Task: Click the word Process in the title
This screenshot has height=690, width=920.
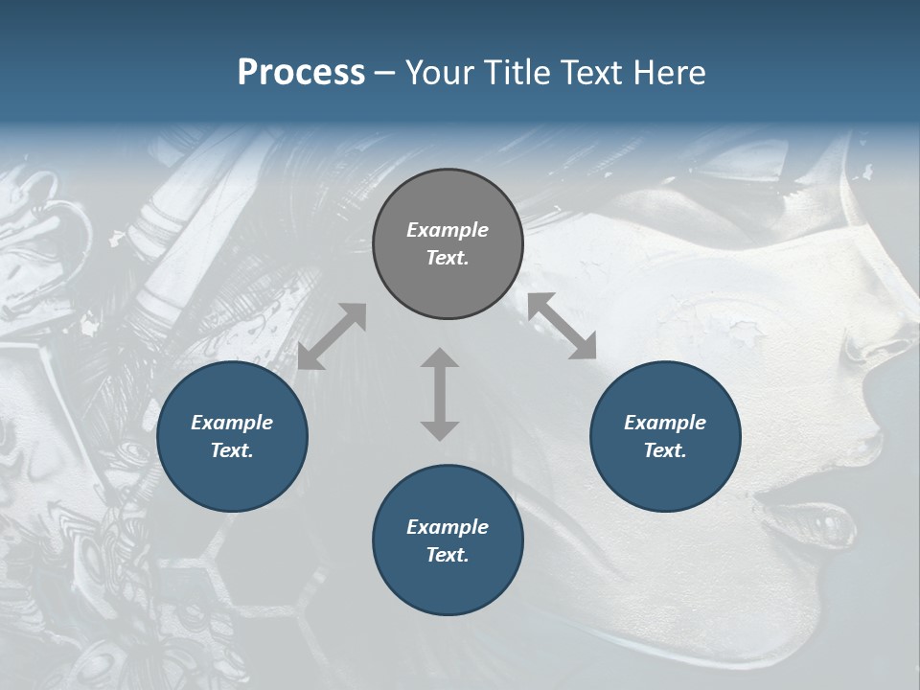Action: pyautogui.click(x=301, y=73)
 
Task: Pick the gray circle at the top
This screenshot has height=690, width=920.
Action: pyautogui.click(x=448, y=244)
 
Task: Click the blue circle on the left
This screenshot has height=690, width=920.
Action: pyautogui.click(x=232, y=436)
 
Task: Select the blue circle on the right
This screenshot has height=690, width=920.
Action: pyautogui.click(x=665, y=436)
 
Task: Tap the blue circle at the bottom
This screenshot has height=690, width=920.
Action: pyautogui.click(x=448, y=540)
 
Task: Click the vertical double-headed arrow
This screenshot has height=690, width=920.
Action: pyautogui.click(x=440, y=394)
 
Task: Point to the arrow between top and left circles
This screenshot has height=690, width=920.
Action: pyautogui.click(x=332, y=336)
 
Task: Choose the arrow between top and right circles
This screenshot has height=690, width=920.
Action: pyautogui.click(x=562, y=326)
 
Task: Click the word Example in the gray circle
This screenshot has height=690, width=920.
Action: pyautogui.click(x=448, y=230)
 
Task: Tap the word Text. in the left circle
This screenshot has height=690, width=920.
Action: pyautogui.click(x=232, y=450)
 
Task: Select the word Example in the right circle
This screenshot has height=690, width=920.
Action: pyautogui.click(x=665, y=423)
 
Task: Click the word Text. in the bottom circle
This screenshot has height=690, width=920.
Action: pyautogui.click(x=448, y=555)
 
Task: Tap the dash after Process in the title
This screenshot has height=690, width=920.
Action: pyautogui.click(x=385, y=73)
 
